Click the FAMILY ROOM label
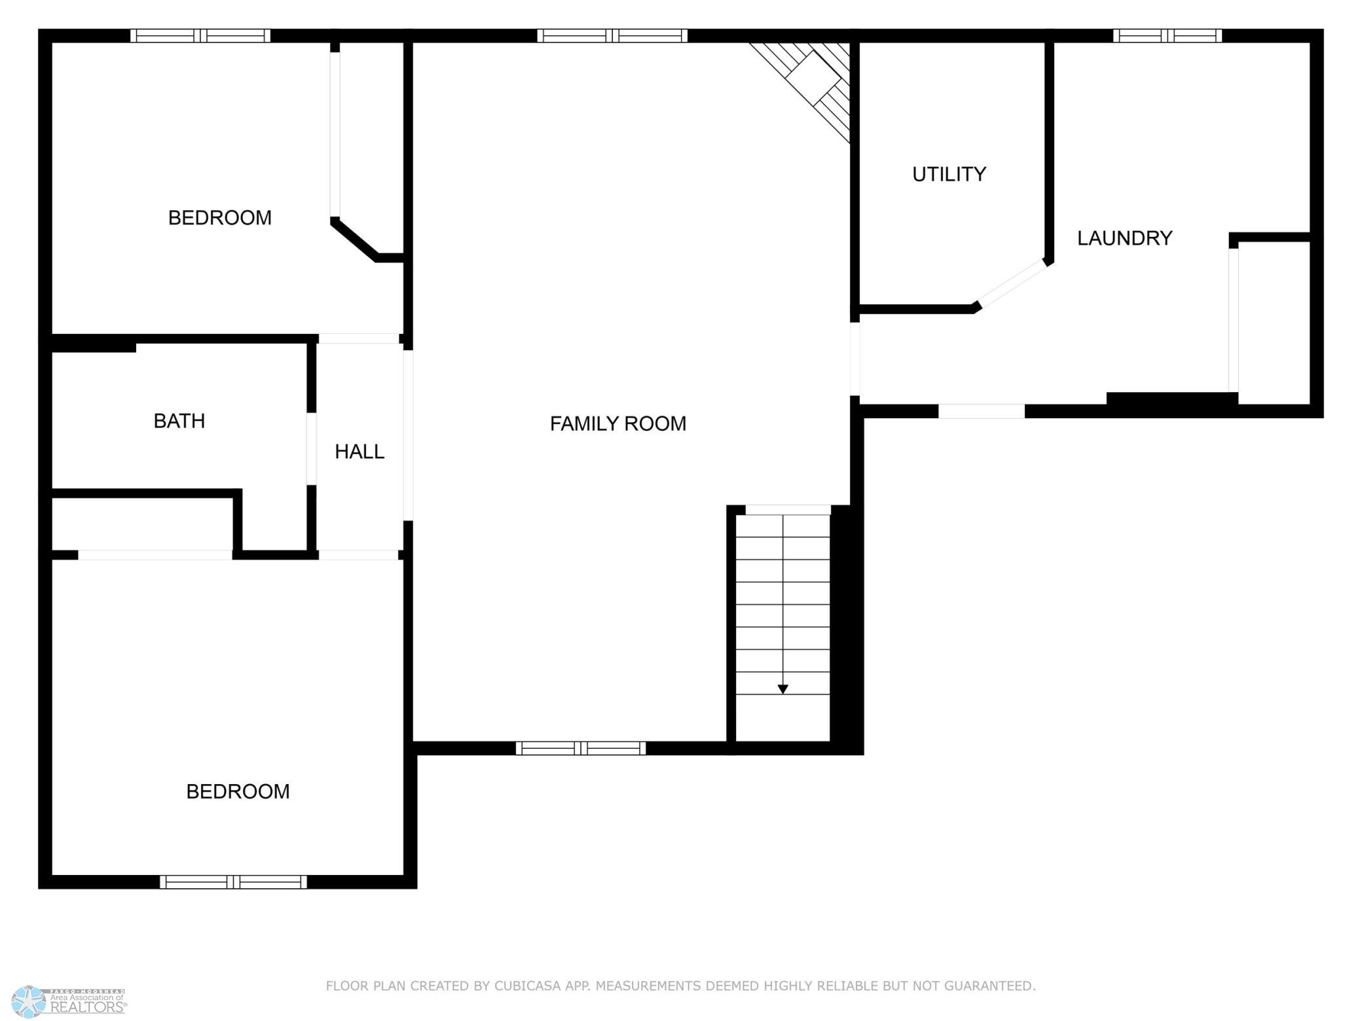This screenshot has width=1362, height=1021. [618, 424]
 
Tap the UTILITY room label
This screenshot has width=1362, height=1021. [949, 174]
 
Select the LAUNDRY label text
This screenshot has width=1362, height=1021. [1124, 238]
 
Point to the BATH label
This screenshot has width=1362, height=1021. [179, 421]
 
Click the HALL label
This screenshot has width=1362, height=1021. [359, 452]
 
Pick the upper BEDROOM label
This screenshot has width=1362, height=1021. [220, 218]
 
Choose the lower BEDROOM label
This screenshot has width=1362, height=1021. [238, 792]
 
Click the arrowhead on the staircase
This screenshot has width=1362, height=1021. [782, 689]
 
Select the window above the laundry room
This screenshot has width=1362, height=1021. [1168, 36]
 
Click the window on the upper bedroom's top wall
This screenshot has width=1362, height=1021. [200, 36]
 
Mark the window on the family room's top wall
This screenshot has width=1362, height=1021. [612, 36]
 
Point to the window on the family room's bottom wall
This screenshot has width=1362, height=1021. [581, 748]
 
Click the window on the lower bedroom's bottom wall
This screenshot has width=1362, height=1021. [234, 882]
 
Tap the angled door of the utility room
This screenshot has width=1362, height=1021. [1012, 283]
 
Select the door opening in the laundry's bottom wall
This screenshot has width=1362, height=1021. [982, 412]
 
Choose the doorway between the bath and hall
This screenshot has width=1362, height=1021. [312, 449]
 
